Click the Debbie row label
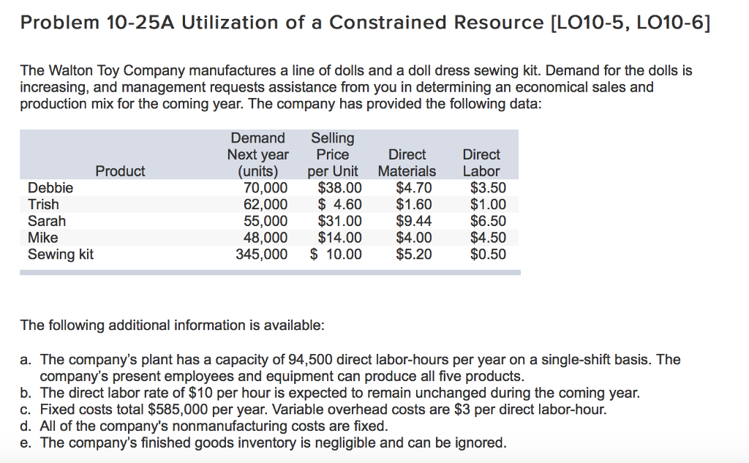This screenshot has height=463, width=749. click(x=50, y=188)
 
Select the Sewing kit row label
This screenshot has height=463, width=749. click(x=61, y=255)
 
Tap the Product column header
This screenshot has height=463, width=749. click(x=120, y=171)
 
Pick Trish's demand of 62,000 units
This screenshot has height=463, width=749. click(x=265, y=205)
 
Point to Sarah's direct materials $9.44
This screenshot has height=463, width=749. click(x=413, y=221)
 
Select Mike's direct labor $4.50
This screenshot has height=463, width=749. click(x=488, y=238)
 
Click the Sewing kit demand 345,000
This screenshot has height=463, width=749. click(x=261, y=255)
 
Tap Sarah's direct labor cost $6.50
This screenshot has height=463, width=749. click(x=488, y=221)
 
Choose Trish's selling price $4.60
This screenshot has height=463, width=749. click(x=336, y=205)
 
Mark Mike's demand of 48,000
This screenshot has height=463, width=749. click(x=265, y=238)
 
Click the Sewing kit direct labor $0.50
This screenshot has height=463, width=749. click(x=488, y=255)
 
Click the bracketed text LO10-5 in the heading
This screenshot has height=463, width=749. click(x=584, y=23)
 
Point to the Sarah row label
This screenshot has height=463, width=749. click(x=47, y=221)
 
